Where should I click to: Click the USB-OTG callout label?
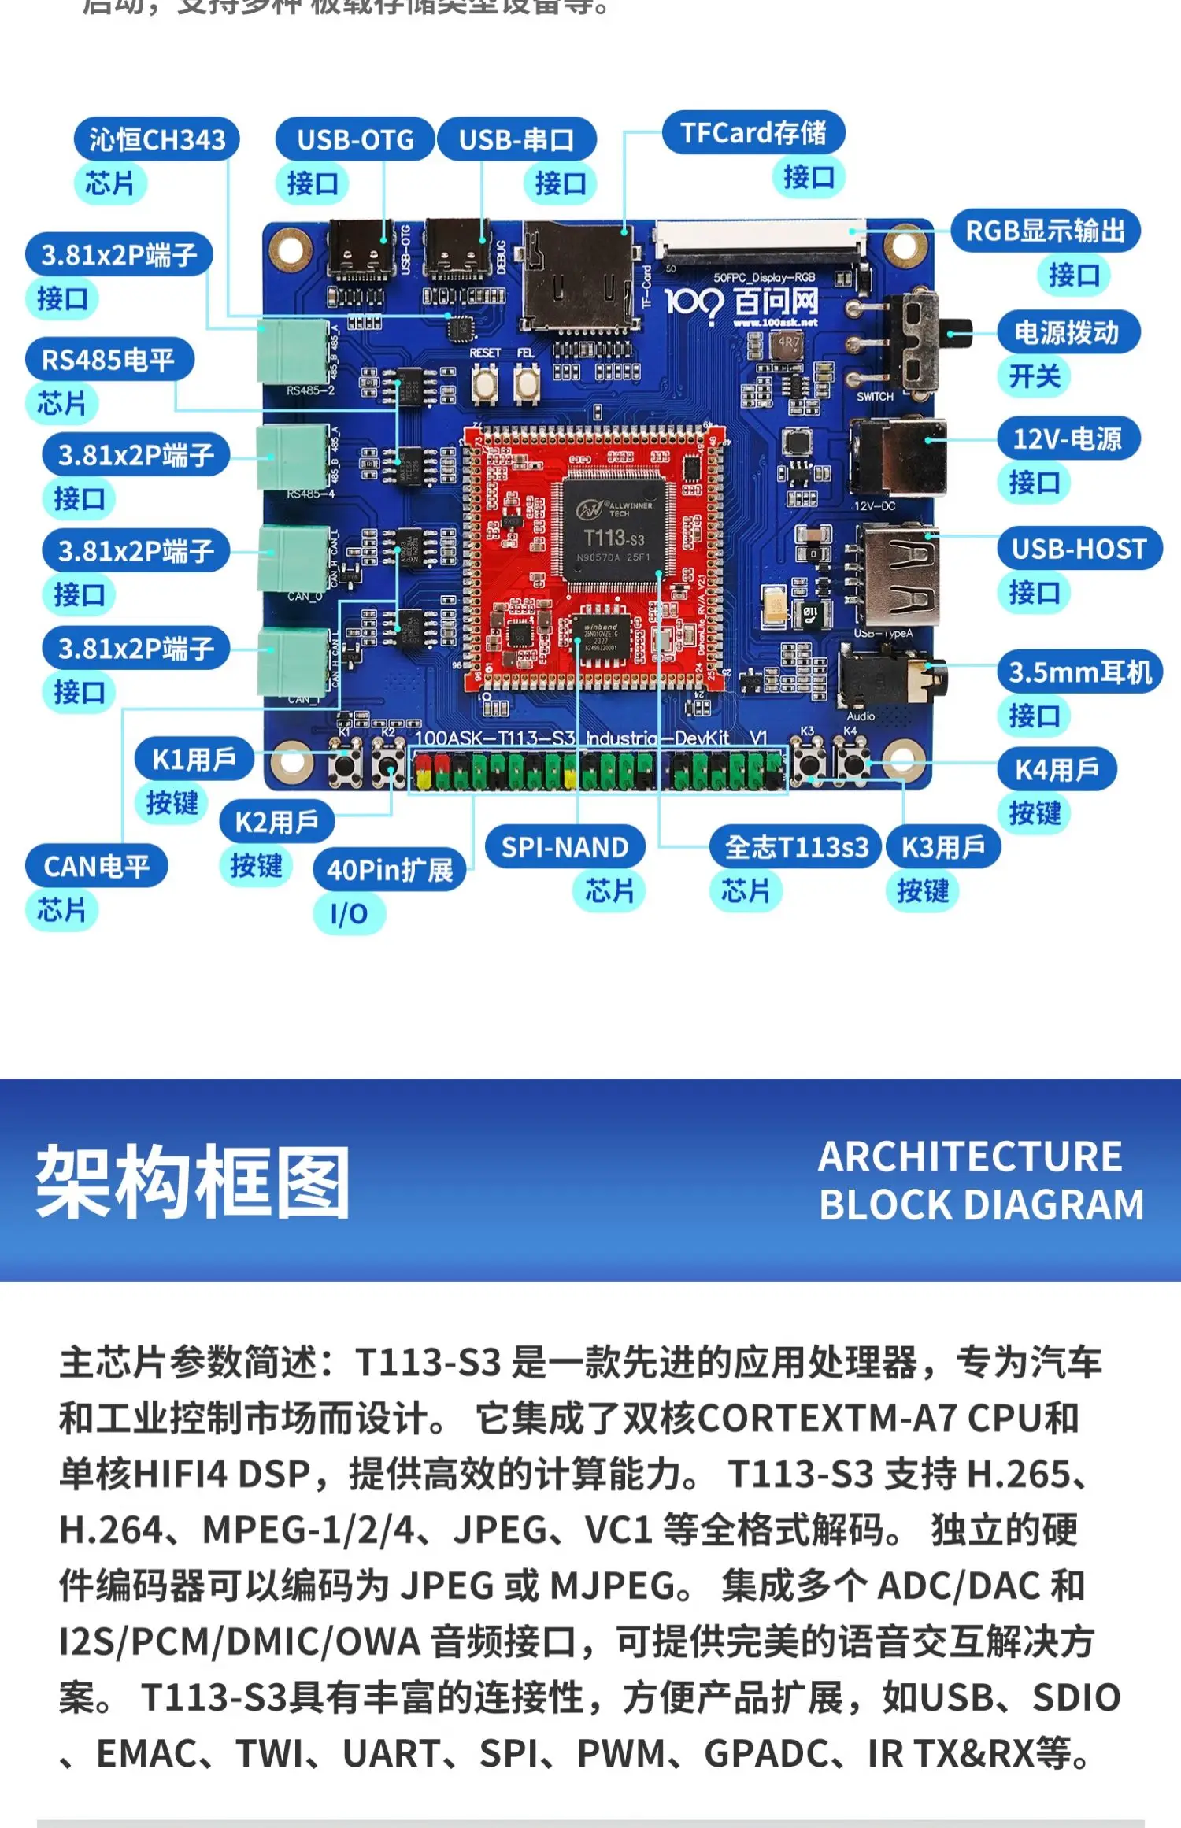[x=355, y=139]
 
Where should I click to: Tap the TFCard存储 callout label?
[x=753, y=132]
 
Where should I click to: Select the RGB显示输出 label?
[x=1045, y=231]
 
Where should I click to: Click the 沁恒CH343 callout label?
[x=157, y=139]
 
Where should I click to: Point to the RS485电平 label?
[x=109, y=360]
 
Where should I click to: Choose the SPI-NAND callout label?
[x=565, y=847]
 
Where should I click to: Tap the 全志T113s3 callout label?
[x=796, y=847]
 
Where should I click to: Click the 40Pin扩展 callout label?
[x=390, y=870]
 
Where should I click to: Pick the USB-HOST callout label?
[x=1079, y=548]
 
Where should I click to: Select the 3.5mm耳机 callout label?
[x=1079, y=672]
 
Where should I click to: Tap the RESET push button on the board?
[x=485, y=383]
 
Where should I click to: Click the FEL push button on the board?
[x=526, y=383]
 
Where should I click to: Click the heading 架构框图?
[x=193, y=1182]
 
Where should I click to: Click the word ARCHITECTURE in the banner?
[x=970, y=1156]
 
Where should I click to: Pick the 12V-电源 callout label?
[x=1067, y=438]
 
